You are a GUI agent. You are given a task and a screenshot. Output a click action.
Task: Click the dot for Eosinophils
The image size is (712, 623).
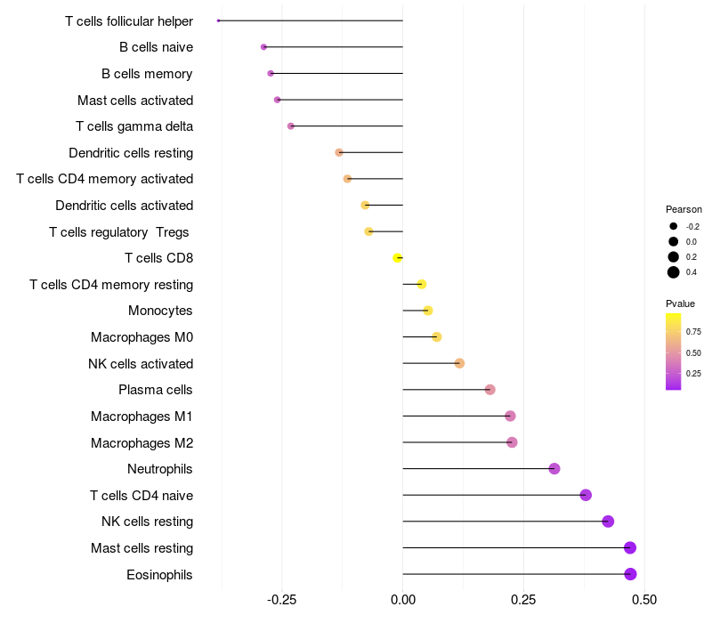click(630, 574)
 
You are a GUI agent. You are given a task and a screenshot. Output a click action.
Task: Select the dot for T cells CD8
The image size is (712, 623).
click(398, 258)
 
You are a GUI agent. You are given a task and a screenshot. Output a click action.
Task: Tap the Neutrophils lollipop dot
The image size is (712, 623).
click(554, 468)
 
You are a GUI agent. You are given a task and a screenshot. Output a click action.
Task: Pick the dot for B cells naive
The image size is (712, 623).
click(263, 47)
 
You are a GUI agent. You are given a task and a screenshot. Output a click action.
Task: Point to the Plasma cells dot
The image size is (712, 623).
click(489, 390)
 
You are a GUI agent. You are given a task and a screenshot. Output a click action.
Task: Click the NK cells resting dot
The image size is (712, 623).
click(608, 522)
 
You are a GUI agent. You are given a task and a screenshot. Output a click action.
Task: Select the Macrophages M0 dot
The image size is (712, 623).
click(436, 336)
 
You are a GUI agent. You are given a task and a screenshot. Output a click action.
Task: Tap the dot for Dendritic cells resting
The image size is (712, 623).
click(339, 152)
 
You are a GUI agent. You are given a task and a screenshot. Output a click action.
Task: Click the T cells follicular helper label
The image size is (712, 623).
click(129, 20)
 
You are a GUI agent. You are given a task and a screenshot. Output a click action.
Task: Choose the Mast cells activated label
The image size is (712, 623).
click(135, 100)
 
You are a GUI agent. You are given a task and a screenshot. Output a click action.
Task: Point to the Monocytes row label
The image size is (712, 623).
click(160, 311)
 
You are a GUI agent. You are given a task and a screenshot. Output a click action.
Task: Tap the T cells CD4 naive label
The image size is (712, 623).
click(142, 495)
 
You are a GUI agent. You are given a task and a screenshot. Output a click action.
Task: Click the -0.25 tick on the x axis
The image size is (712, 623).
click(282, 599)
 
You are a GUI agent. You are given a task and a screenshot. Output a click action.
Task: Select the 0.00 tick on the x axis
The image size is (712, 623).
click(403, 599)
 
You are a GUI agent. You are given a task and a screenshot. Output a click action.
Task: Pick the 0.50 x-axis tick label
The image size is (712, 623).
click(644, 599)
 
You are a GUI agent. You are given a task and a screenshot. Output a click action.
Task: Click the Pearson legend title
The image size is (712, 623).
click(684, 209)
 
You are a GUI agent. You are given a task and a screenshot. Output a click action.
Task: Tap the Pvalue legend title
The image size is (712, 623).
click(680, 303)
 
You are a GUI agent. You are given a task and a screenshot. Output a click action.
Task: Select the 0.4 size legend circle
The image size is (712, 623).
click(674, 271)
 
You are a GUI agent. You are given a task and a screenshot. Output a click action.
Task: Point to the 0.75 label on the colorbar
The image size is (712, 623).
click(693, 331)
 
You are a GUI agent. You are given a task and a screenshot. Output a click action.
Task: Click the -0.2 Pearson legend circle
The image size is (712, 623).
click(674, 226)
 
